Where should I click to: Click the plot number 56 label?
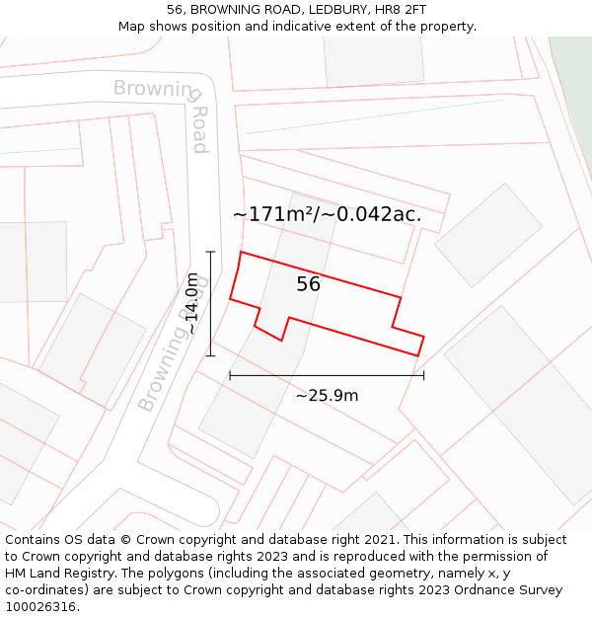(308, 284)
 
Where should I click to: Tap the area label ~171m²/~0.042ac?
(327, 214)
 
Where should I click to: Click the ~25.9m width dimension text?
(327, 396)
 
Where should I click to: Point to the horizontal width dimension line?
(327, 375)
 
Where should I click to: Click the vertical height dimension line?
(210, 303)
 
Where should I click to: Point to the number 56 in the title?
(175, 10)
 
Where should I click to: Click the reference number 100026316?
(41, 607)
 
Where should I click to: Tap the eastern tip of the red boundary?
(423, 338)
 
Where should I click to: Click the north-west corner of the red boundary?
(242, 253)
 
